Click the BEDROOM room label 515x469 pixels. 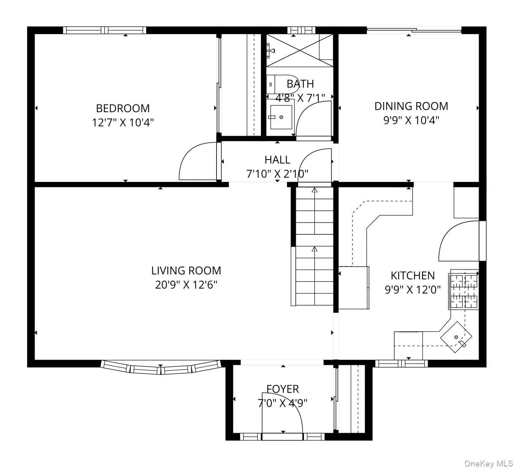click(123, 108)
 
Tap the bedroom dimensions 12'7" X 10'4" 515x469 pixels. click(123, 122)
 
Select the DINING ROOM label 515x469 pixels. click(411, 106)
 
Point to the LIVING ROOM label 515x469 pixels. click(186, 271)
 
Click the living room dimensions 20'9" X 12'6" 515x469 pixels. click(186, 285)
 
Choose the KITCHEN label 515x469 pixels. click(413, 276)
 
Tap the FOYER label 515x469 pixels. click(283, 389)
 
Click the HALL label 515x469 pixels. click(277, 160)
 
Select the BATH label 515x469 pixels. click(300, 84)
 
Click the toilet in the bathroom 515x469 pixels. click(282, 84)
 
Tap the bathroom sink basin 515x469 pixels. click(281, 117)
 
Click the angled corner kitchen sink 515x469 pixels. click(456, 337)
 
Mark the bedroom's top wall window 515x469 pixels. click(105, 30)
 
